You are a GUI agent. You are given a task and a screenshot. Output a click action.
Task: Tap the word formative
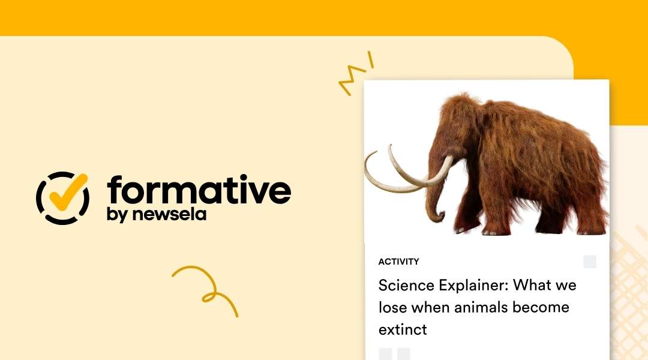coord(199,190)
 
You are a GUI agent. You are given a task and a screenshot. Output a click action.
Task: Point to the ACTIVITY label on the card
coord(398,262)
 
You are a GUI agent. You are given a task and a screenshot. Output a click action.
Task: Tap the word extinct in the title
coord(403,329)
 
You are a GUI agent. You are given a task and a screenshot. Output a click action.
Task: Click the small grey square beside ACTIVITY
coord(590,262)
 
